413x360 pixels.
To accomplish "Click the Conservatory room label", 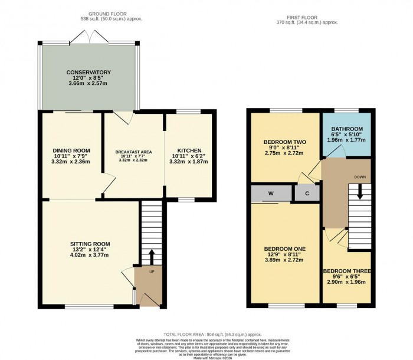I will tap(88, 73).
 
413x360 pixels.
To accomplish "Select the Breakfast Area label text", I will tap(133, 152).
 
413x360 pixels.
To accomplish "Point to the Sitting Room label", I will tap(90, 244).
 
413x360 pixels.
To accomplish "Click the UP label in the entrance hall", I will tap(151, 272).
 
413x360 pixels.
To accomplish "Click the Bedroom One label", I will tap(284, 250).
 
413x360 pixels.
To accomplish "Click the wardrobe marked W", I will tap(270, 193).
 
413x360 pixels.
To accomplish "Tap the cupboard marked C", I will tap(307, 193).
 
